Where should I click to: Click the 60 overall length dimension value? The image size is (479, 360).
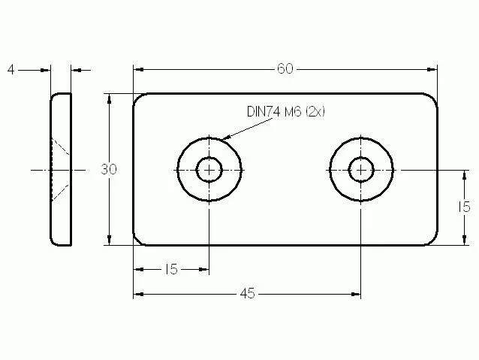pos(285,69)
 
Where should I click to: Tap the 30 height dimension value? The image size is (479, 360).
pos(109,169)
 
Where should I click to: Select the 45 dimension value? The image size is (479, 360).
pos(248,294)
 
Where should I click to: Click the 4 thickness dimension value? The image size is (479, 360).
pos(11,70)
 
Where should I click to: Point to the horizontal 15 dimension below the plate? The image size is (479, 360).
pos(171,270)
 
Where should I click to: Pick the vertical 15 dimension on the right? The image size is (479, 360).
pos(464,207)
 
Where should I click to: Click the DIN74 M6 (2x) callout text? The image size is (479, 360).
pos(285,111)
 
